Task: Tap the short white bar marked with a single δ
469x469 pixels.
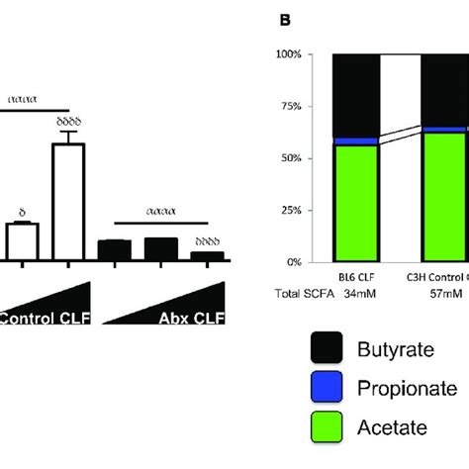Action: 22,242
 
